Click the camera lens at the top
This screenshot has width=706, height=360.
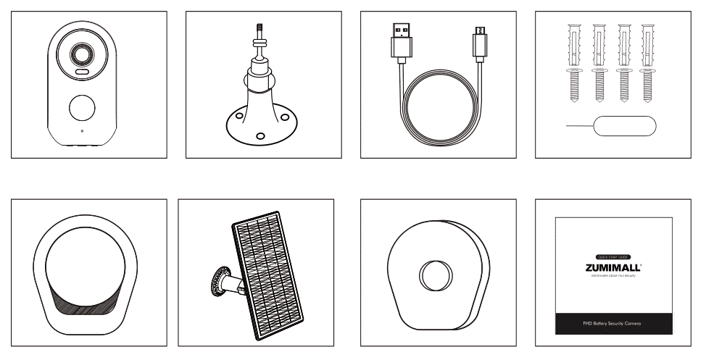(x=80, y=55)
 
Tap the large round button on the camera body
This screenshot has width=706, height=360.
(x=82, y=109)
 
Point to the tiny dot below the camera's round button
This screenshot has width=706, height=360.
(x=82, y=132)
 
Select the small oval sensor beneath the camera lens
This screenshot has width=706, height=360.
(x=80, y=74)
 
